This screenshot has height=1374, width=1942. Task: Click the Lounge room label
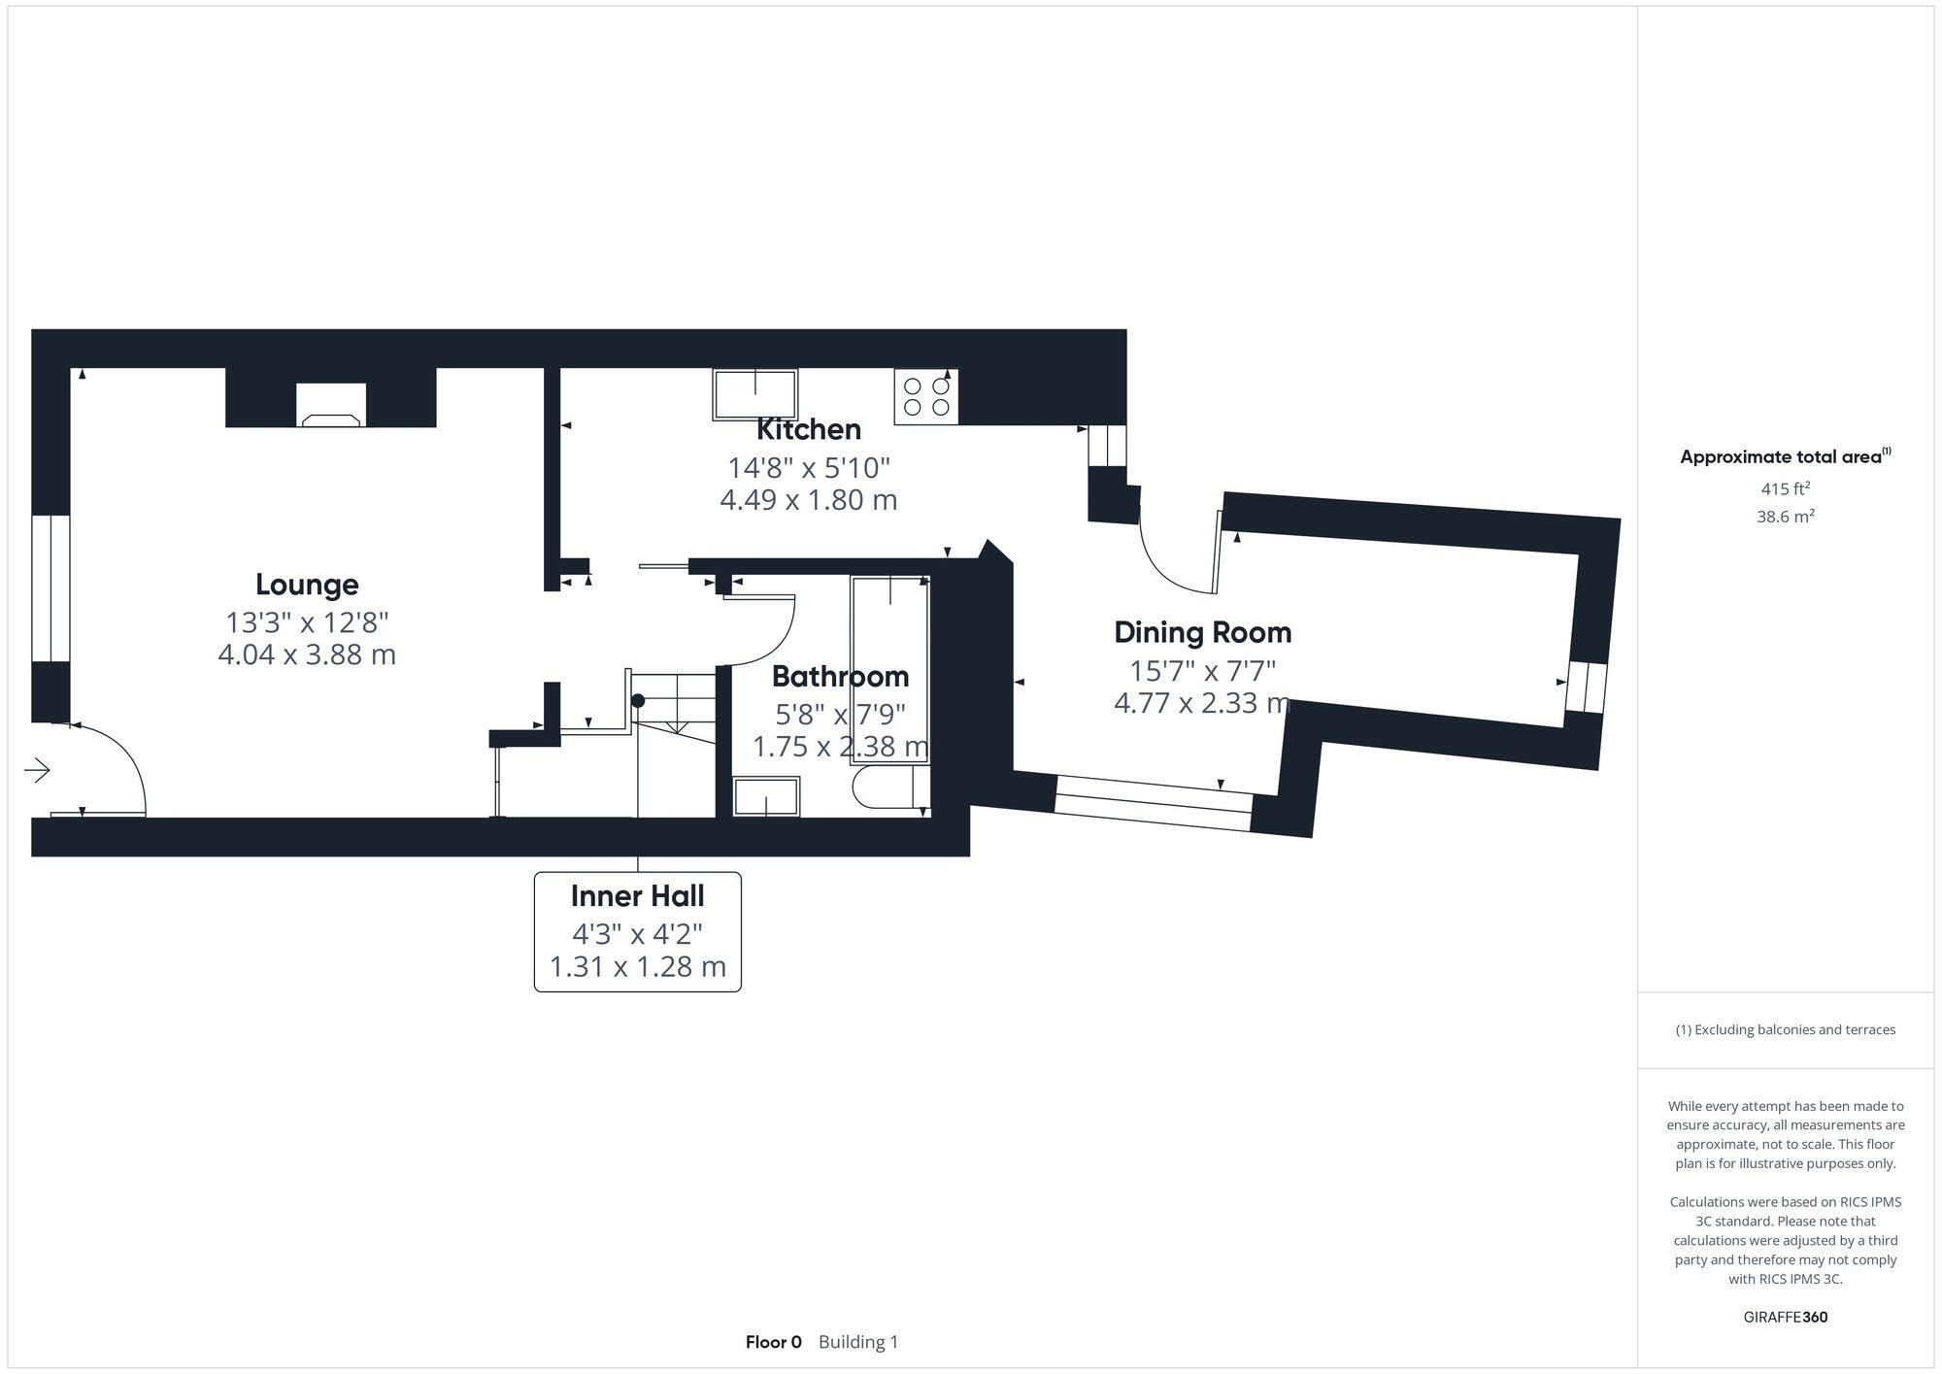click(307, 585)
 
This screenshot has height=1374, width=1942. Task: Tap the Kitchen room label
click(808, 429)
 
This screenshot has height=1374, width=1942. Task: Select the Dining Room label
click(1202, 632)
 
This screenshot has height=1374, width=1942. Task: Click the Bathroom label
click(840, 676)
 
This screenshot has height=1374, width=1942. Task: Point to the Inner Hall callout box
click(638, 931)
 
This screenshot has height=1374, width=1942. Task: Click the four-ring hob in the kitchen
click(926, 397)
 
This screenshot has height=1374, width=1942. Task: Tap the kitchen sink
click(755, 394)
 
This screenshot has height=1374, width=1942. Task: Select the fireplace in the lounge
click(331, 406)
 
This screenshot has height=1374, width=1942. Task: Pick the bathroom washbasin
click(766, 796)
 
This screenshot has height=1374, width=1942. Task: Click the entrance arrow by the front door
click(37, 770)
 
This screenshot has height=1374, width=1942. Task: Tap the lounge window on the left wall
click(50, 587)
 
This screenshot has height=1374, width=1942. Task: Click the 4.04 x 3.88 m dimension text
click(307, 654)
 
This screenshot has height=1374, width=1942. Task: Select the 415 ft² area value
click(1785, 489)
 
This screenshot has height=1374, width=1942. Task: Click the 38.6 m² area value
click(1785, 517)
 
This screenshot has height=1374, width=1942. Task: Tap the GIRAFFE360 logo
click(1785, 1318)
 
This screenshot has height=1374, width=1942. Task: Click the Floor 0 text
click(773, 1342)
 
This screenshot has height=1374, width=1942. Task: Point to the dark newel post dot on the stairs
click(638, 700)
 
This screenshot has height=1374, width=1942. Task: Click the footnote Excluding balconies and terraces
click(1785, 1029)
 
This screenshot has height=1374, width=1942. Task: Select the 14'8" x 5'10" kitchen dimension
click(809, 468)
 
